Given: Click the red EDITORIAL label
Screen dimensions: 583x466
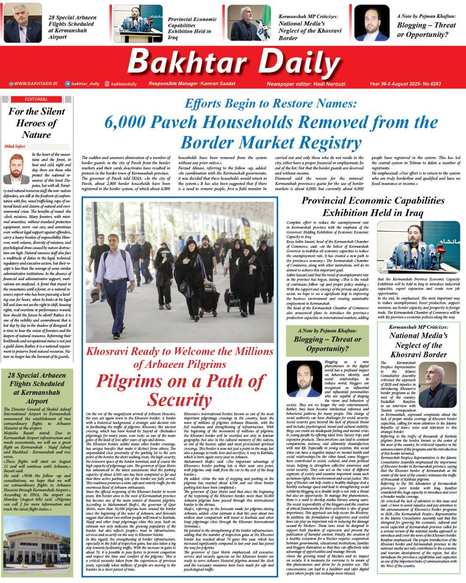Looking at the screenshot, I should [x=36, y=99].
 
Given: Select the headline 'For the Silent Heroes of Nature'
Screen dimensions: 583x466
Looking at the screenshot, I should [x=36, y=123].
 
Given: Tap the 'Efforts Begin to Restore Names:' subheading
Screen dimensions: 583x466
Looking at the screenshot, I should [x=270, y=103].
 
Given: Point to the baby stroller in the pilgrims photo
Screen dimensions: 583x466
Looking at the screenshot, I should [x=210, y=300].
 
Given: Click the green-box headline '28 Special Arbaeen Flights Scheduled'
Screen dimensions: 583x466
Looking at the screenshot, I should [x=37, y=388].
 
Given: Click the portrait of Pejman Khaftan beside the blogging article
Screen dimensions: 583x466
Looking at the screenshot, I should [x=304, y=379].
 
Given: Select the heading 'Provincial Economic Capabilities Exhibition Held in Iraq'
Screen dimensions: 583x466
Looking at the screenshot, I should [x=373, y=206].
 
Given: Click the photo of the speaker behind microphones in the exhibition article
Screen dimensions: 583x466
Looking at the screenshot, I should [x=418, y=247].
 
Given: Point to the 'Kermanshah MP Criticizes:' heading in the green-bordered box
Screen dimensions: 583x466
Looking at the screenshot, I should [x=418, y=327].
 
